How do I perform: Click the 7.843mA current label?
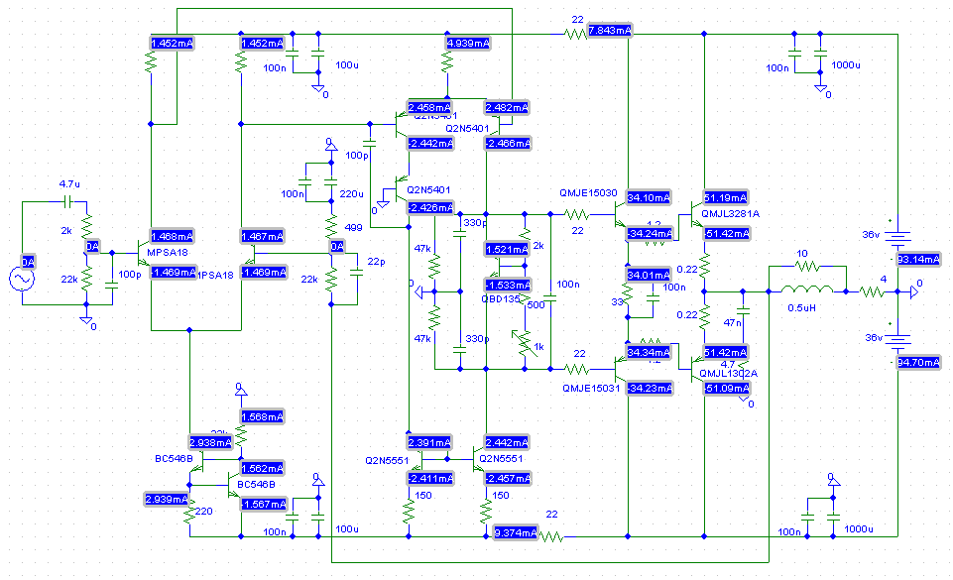tap(610, 31)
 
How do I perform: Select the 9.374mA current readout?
tap(516, 533)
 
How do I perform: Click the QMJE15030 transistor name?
tap(588, 193)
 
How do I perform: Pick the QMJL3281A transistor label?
tap(732, 213)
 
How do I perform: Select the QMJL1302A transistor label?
tap(729, 373)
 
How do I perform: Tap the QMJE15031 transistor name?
tap(588, 389)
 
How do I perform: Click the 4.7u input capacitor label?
tap(69, 184)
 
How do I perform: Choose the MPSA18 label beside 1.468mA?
tap(167, 253)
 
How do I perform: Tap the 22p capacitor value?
tap(374, 261)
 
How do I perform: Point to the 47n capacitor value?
tap(734, 322)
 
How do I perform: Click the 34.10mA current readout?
tap(649, 196)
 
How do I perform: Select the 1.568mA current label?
tap(261, 416)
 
